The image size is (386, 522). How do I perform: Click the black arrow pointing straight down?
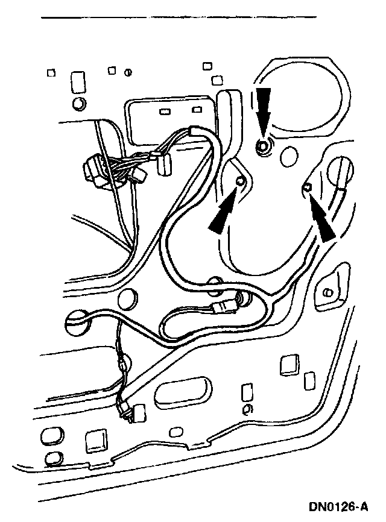pyautogui.click(x=264, y=105)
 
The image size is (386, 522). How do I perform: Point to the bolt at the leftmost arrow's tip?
pyautogui.click(x=241, y=182)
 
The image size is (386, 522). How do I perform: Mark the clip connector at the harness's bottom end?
pyautogui.click(x=130, y=414)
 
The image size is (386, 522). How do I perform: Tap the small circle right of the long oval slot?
pyautogui.click(x=245, y=410)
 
